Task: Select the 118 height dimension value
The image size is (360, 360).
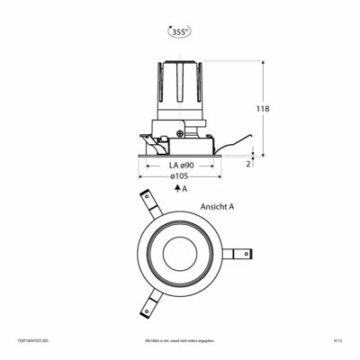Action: click(x=263, y=109)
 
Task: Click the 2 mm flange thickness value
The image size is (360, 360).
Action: click(x=248, y=164)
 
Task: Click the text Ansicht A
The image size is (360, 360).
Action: click(x=219, y=205)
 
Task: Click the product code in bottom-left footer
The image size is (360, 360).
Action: click(x=29, y=342)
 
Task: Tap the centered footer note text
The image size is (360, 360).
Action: click(x=180, y=342)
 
